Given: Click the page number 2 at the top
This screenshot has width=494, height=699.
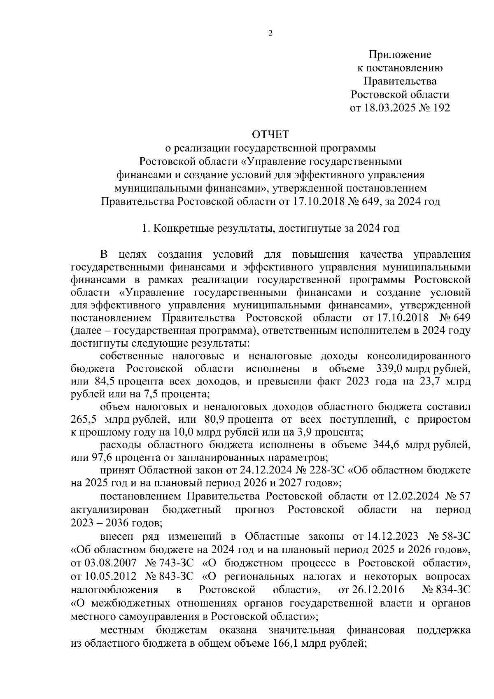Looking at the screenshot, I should point(270,34).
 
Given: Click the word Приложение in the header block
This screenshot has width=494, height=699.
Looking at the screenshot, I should point(400,54).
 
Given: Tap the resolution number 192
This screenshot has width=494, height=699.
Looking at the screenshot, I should point(439,108).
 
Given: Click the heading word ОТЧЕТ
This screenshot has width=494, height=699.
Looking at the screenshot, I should point(270,134).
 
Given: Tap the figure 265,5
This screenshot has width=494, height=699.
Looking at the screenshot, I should point(84,419).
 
